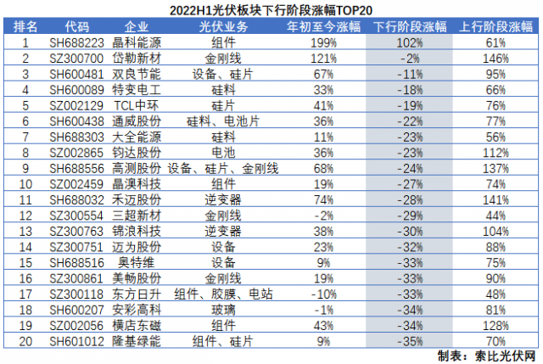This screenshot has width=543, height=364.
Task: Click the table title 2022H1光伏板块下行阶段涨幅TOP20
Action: point(271,9)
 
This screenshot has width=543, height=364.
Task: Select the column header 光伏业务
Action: point(223,25)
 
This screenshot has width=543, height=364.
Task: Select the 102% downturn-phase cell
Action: point(411,42)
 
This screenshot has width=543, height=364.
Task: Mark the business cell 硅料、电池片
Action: point(223,120)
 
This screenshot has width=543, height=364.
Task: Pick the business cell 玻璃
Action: point(223,308)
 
